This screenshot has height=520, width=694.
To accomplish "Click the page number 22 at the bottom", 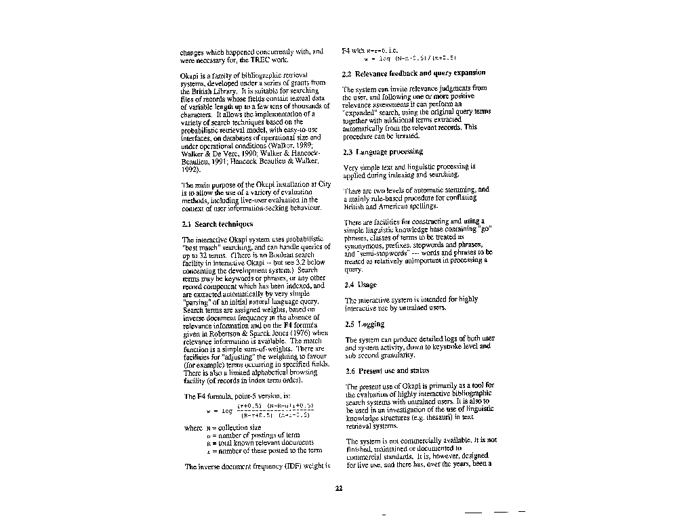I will click(340, 489).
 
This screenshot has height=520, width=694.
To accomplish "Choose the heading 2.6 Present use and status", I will click(388, 371).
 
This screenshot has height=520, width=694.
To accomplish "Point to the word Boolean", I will click(264, 258).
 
